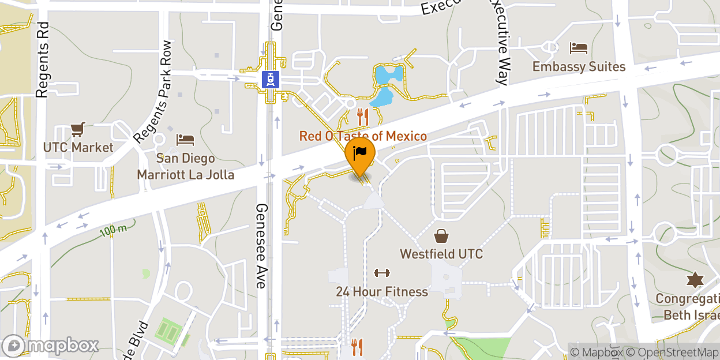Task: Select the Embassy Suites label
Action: pyautogui.click(x=579, y=67)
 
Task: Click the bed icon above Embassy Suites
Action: pyautogui.click(x=579, y=48)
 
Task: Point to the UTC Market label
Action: pyautogui.click(x=78, y=148)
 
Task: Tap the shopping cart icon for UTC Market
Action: pyautogui.click(x=78, y=129)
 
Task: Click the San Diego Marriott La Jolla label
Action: pyautogui.click(x=185, y=166)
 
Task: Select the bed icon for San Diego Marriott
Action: pyautogui.click(x=185, y=140)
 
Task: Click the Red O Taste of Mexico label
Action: pyautogui.click(x=363, y=137)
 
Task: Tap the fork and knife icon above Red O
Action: pyautogui.click(x=363, y=117)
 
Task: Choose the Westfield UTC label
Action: pyautogui.click(x=441, y=254)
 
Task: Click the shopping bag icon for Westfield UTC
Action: pyautogui.click(x=441, y=235)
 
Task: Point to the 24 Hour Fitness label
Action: pyautogui.click(x=382, y=292)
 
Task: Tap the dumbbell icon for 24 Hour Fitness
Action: pyautogui.click(x=382, y=273)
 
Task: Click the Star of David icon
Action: pyautogui.click(x=695, y=280)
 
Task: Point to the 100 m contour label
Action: pyautogui.click(x=113, y=230)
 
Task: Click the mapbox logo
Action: pyautogui.click(x=51, y=346)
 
